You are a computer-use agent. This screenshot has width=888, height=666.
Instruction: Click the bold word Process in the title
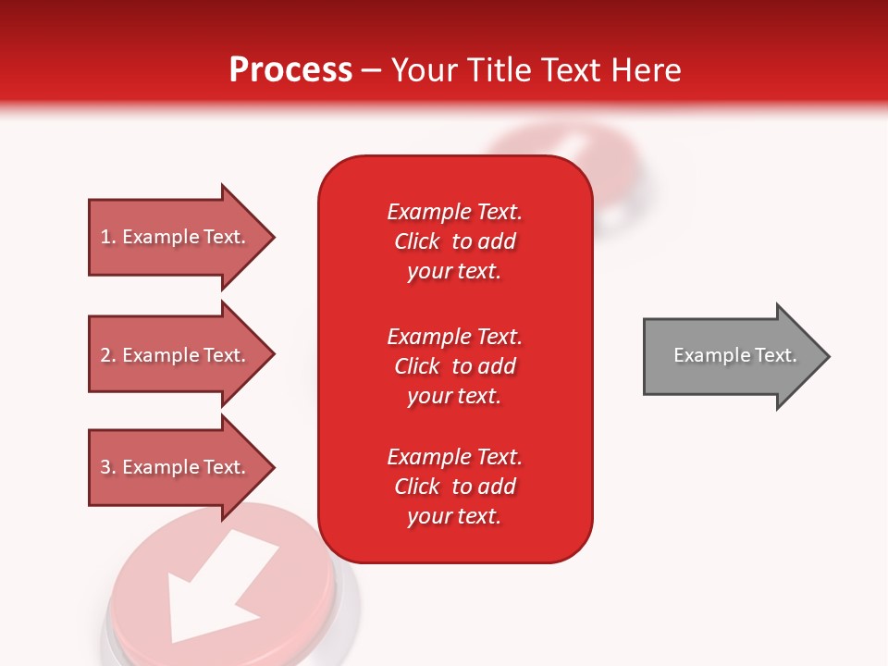click(x=290, y=70)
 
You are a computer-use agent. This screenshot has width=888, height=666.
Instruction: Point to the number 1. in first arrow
click(x=108, y=237)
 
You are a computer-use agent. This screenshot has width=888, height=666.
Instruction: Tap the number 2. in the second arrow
click(x=108, y=355)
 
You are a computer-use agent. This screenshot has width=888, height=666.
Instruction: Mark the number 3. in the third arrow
click(x=108, y=467)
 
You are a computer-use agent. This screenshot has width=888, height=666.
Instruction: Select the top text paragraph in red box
click(x=454, y=241)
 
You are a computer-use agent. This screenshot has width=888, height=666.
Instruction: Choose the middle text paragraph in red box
click(x=454, y=366)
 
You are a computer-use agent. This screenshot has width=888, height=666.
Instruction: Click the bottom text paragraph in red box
click(x=454, y=487)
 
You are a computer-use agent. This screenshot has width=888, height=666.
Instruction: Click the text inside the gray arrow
click(x=735, y=355)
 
